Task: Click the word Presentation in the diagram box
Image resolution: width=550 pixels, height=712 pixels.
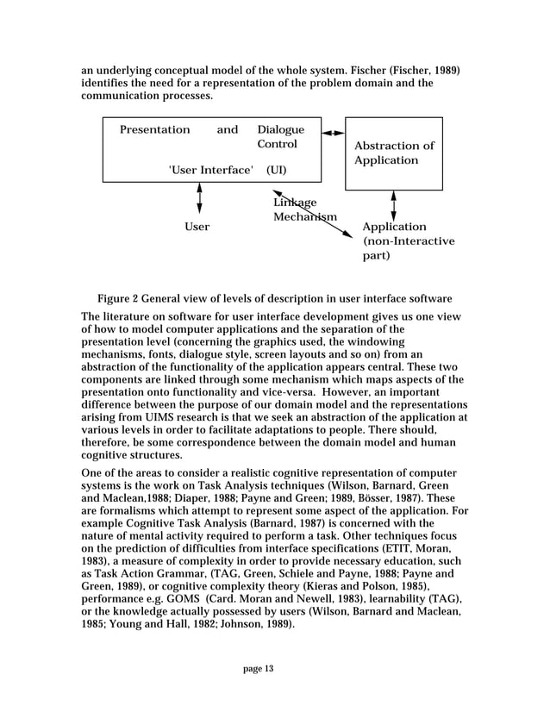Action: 154,130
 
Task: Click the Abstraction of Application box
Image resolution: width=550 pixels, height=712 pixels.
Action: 394,153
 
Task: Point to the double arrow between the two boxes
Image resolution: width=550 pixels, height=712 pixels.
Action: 332,133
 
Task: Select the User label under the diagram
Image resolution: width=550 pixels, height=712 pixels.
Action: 197,227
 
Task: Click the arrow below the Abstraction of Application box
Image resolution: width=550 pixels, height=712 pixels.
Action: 394,205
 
